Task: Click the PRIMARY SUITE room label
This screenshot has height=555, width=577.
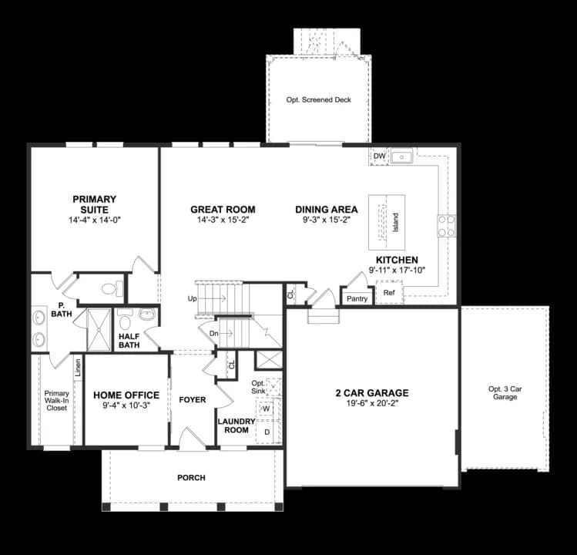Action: pos(95,204)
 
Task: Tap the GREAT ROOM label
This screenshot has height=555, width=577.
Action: pos(223,209)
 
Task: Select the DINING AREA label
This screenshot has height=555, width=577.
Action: pos(326,209)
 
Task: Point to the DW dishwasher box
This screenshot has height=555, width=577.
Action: pos(378,156)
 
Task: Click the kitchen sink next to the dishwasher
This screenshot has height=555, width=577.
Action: pos(401,157)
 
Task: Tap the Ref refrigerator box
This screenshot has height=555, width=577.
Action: pos(389,292)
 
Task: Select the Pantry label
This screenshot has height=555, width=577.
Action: pos(356,298)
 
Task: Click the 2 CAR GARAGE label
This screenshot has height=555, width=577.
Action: pos(371,392)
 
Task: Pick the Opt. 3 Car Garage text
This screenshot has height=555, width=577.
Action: pos(505,392)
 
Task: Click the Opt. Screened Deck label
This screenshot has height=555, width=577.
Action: pos(318,100)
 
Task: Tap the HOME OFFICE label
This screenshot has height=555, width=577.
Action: pos(126,395)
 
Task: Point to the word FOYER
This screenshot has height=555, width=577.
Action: pos(192,399)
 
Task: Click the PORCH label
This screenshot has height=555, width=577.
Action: pos(191,478)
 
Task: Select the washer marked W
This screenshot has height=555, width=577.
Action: pos(267,409)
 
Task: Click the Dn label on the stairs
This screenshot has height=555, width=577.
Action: pos(214,333)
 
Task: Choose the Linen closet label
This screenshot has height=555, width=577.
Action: pos(78,368)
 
